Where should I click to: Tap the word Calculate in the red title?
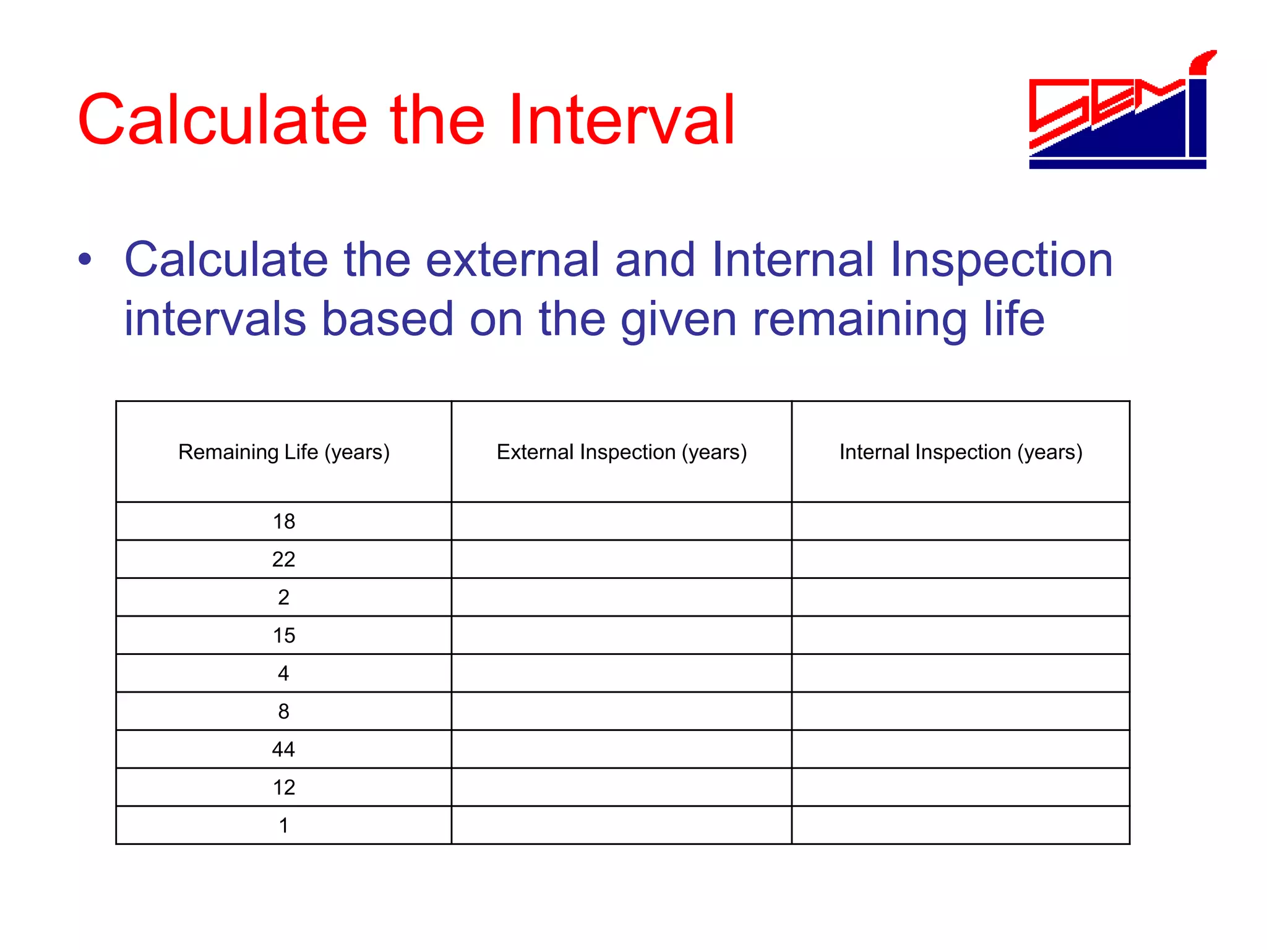pos(223,120)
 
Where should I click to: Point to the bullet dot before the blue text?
pos(85,260)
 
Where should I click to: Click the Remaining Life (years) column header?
pos(284,452)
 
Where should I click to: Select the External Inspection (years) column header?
pos(622,452)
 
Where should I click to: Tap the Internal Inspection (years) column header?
pos(961,452)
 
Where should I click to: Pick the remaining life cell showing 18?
pos(284,521)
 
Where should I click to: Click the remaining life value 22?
pos(284,559)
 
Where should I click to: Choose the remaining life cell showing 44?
pos(284,750)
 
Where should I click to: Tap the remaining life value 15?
pos(284,635)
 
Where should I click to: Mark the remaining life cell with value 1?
pos(284,826)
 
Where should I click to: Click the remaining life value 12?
pos(284,787)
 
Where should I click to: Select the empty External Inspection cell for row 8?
pos(622,711)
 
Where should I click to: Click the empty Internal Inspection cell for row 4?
pos(961,673)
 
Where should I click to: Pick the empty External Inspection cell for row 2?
pos(622,597)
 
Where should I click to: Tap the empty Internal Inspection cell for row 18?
pos(961,521)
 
